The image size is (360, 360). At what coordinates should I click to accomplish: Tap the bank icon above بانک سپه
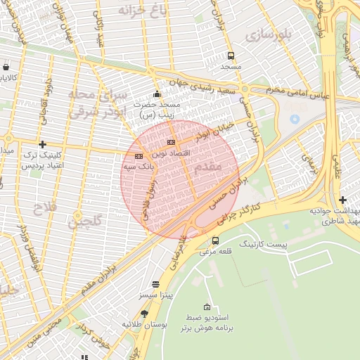coord(139,156)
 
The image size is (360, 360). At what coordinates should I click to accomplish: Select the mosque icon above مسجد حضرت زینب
coord(156,94)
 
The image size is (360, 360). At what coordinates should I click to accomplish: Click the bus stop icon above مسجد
coord(231,56)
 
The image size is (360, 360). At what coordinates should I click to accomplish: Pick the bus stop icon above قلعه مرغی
coord(215,240)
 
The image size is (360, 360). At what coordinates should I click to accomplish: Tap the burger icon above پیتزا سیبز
coord(155,284)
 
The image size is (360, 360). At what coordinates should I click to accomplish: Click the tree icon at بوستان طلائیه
coord(145,314)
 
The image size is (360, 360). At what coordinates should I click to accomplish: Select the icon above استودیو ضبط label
coord(207,307)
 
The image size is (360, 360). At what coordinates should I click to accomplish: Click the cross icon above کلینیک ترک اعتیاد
coord(42,143)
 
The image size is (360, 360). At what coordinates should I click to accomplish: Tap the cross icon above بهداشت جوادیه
coord(342,200)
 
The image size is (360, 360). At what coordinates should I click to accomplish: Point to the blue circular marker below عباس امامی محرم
coord(295,119)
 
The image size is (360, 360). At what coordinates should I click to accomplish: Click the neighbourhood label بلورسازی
coord(264,33)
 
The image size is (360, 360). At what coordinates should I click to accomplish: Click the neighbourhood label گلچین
coord(84,223)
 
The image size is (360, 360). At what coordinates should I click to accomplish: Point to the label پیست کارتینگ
coord(264,243)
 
